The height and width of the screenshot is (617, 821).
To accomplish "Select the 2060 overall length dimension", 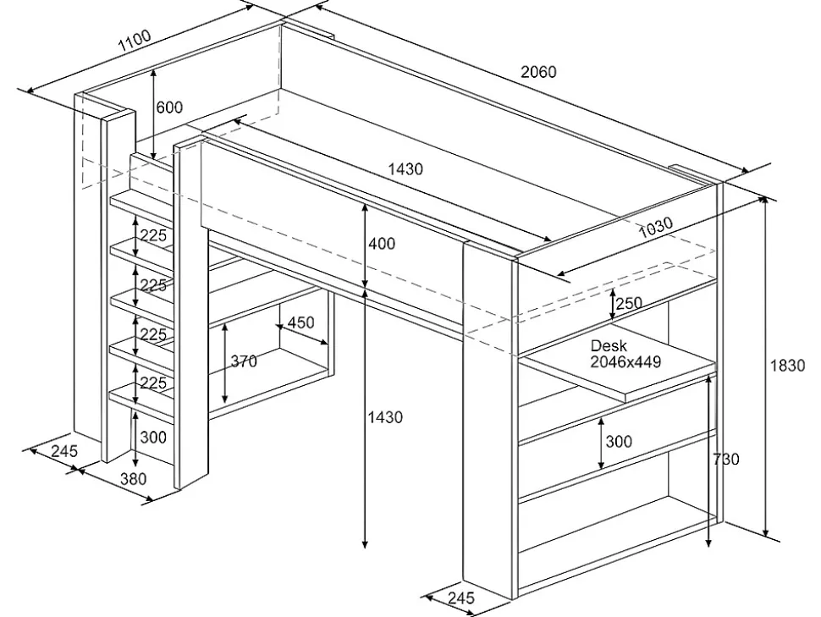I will (x=538, y=72).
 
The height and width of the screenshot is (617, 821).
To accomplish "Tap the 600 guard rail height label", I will (x=169, y=107).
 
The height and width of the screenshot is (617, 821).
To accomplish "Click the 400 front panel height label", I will (x=382, y=244).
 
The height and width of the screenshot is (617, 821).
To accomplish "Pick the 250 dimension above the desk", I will (x=629, y=303).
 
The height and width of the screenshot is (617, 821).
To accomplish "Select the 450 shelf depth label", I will (x=301, y=322).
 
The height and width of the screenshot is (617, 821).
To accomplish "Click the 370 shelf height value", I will (x=244, y=361).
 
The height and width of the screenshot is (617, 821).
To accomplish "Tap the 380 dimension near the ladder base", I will (x=133, y=478).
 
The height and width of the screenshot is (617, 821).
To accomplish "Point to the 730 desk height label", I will (x=725, y=459).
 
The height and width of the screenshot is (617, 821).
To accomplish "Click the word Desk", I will (x=608, y=346).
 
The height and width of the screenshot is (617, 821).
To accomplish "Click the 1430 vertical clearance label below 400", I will (x=385, y=417).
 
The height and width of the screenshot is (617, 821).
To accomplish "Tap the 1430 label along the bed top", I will (x=405, y=169).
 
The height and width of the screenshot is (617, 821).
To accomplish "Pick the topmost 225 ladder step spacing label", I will (x=153, y=236).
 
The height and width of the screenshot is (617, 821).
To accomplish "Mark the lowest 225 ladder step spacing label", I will (x=153, y=383).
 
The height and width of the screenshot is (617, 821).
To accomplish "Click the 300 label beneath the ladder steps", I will (x=153, y=438).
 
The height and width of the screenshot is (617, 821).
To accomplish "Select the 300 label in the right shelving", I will (x=619, y=442).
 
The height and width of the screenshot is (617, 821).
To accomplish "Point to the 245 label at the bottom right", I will (x=461, y=598).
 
